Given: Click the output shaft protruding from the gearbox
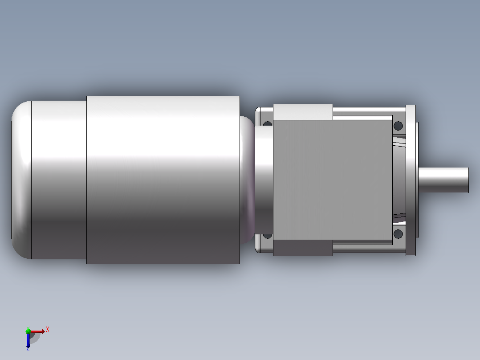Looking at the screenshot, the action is (x=443, y=180).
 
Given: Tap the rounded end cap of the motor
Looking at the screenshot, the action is (x=21, y=180).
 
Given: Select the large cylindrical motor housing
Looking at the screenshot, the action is (x=163, y=180).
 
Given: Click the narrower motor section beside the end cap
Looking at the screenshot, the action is (x=59, y=180).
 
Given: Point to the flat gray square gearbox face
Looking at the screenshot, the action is (x=333, y=180).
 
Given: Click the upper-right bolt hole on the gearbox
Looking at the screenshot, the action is (x=398, y=126).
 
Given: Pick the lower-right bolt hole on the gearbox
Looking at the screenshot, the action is (x=398, y=234).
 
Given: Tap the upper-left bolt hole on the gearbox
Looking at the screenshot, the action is (x=268, y=123).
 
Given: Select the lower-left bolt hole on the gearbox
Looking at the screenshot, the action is (x=268, y=236).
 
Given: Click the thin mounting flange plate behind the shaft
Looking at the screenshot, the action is (x=411, y=180).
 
